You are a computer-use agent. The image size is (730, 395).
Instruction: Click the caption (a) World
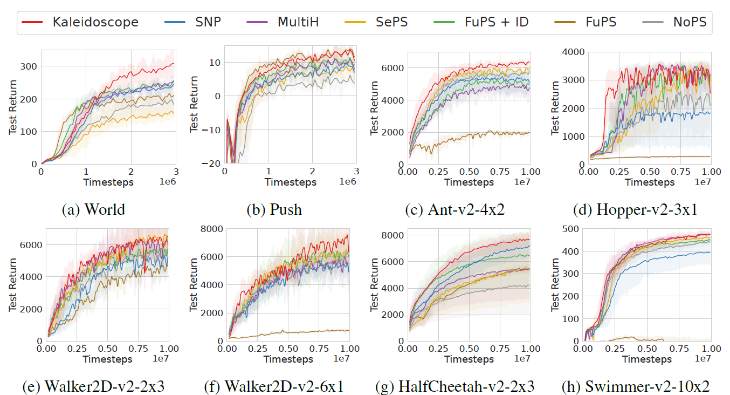94,209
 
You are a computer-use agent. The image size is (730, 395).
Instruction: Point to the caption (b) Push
274,209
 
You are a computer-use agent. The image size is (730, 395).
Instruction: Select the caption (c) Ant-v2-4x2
455,209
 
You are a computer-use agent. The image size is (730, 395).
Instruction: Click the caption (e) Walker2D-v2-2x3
93,386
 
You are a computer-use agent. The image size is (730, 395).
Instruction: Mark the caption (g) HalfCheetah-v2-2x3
455,386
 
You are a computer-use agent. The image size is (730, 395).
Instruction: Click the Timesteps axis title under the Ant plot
469,182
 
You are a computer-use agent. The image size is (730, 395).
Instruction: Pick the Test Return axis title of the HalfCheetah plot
374,284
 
